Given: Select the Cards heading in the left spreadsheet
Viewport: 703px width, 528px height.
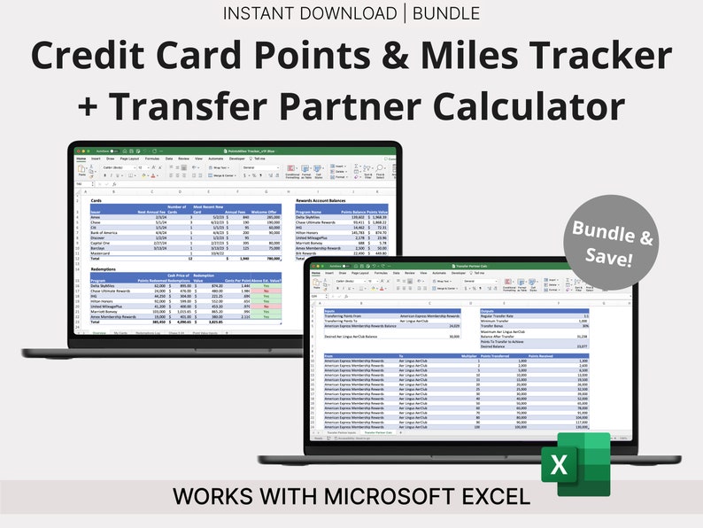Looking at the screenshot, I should click(x=96, y=200).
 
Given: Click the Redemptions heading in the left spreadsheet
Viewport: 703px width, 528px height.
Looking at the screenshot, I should click(x=105, y=267).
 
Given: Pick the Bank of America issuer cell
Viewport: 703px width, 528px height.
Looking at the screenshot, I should click(x=105, y=231).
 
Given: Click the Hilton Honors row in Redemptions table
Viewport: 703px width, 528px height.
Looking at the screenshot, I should click(x=104, y=300).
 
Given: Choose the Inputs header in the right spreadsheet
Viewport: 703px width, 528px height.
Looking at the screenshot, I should click(x=330, y=311).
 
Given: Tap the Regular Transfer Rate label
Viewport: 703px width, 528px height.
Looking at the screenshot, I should click(x=498, y=316).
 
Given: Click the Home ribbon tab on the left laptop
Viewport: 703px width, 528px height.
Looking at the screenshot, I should click(x=81, y=159).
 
